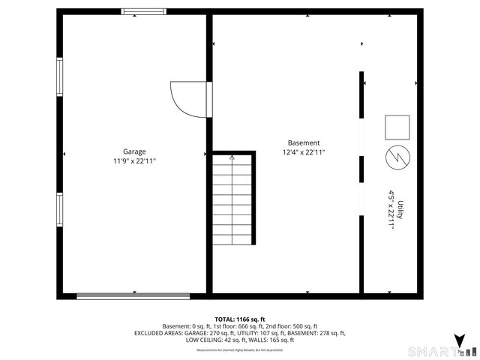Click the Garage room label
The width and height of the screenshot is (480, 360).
(x=135, y=151)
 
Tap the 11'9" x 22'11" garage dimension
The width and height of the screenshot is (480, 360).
(x=135, y=160)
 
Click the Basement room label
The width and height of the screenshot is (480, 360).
(x=304, y=142)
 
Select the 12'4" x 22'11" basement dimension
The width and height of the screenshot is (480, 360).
(x=304, y=152)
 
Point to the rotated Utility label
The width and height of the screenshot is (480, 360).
(x=401, y=209)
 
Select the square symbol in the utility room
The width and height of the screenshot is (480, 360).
(x=397, y=127)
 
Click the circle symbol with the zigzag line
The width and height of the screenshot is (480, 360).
(x=397, y=159)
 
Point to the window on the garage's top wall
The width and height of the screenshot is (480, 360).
(x=144, y=11)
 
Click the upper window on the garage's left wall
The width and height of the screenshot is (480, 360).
(x=59, y=77)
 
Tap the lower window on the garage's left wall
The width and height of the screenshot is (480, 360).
(x=59, y=210)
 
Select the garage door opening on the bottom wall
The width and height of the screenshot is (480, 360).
(x=133, y=295)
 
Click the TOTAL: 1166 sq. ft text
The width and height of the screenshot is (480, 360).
(x=240, y=319)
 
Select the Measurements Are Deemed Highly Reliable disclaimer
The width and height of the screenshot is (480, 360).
(x=240, y=350)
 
